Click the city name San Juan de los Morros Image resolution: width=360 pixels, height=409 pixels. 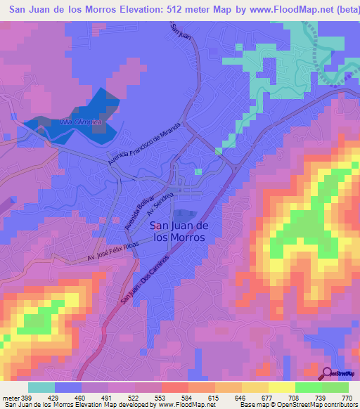179,231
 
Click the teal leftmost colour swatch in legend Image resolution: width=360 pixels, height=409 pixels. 41,387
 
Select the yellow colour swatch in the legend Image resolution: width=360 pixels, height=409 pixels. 281,387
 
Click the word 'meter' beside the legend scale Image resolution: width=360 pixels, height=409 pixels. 10,398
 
